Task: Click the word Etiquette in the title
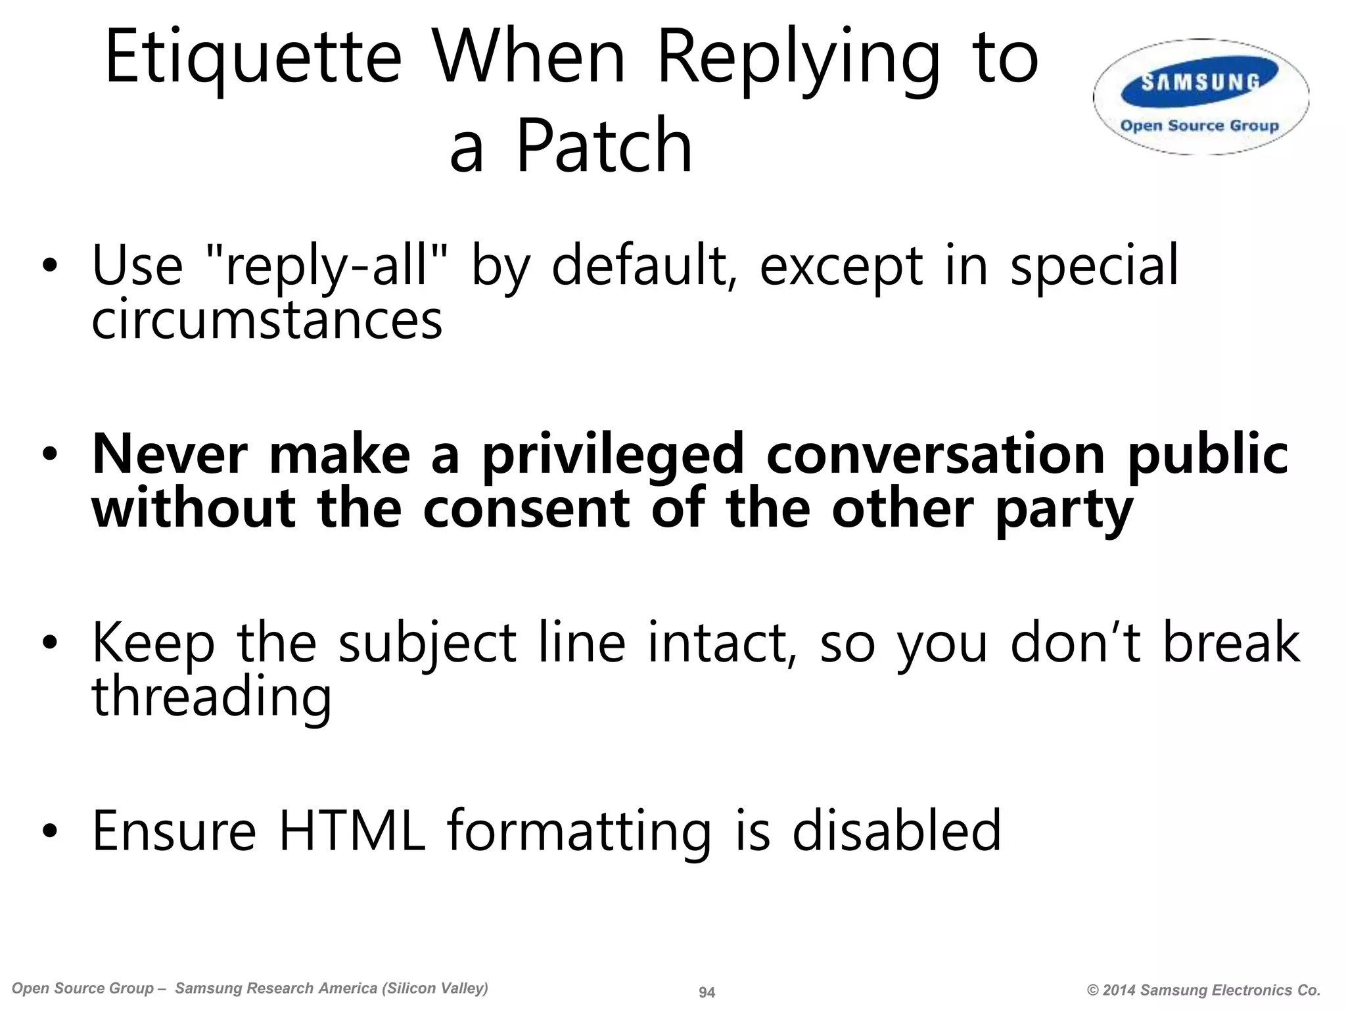(253, 58)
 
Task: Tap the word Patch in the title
(604, 146)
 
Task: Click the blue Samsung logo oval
(1200, 84)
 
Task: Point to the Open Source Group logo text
(1199, 126)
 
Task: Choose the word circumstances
(267, 321)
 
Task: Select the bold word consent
(526, 509)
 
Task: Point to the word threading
(212, 698)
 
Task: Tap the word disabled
(896, 831)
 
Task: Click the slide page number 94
(707, 992)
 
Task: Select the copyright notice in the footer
(1203, 990)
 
